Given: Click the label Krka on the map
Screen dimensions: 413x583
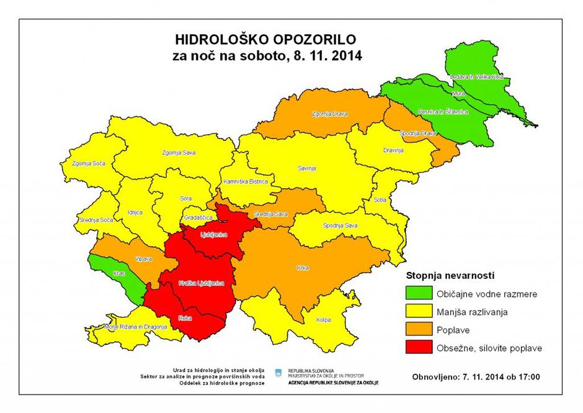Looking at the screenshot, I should coord(303,268).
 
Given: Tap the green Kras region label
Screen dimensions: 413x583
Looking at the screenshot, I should coord(119,273).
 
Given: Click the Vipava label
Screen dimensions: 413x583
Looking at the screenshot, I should coord(144,259).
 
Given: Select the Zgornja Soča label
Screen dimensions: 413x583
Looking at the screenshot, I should coord(89,163).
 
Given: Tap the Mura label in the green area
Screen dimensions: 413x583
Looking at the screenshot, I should coord(459,93).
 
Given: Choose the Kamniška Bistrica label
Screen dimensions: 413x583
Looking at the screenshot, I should coord(245,182).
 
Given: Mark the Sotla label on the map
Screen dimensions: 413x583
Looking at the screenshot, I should coord(380,200).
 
